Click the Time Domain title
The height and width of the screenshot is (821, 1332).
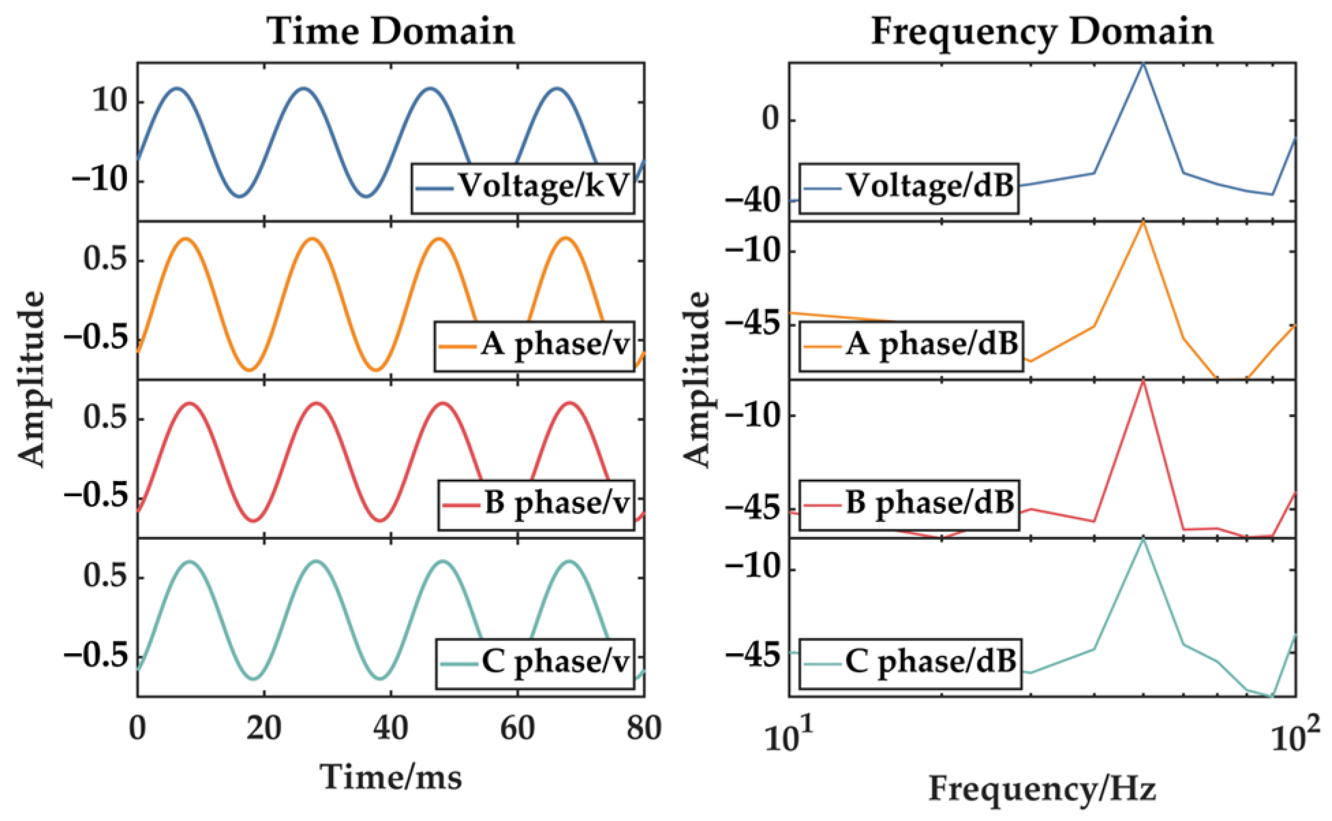tap(390, 31)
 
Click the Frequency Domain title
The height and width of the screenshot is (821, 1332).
tap(1042, 31)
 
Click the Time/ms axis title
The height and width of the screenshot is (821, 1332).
tap(391, 777)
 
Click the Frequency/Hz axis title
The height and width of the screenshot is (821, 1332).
tap(1042, 789)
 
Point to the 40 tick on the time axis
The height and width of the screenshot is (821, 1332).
tap(391, 729)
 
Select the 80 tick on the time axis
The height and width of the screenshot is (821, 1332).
tap(643, 729)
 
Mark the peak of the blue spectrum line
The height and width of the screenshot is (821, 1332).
tap(1144, 63)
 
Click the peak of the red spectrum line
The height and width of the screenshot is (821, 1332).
tap(1144, 380)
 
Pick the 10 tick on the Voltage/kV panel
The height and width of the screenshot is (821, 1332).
tap(110, 102)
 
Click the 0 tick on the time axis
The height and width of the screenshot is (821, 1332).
tap(137, 729)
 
